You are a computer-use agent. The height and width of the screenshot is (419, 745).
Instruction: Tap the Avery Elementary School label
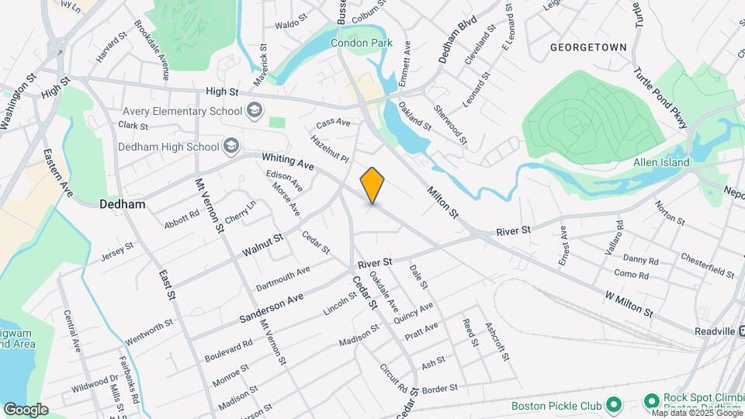[x=181, y=111]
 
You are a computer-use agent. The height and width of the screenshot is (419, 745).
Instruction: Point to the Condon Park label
[x=362, y=43]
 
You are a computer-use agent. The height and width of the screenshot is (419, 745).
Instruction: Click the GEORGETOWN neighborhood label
[x=588, y=47]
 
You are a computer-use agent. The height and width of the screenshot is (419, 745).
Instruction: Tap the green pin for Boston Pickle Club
[x=613, y=405]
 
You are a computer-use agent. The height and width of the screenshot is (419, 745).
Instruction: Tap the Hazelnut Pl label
[x=331, y=150]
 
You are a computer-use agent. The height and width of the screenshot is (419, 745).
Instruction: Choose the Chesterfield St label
[x=707, y=265]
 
